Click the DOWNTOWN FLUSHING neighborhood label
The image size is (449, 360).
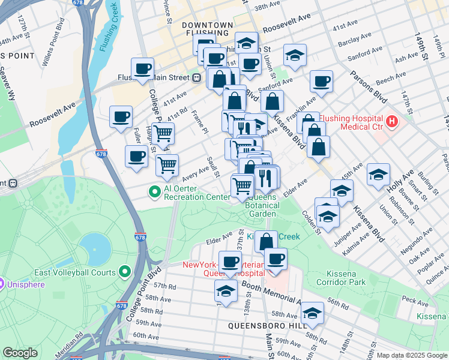(206, 30)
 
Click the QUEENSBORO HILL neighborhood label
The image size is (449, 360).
(259, 325)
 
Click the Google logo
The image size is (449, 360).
(20, 352)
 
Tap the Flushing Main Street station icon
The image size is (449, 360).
(196, 77)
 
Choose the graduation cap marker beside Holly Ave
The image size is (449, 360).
(378, 175)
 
